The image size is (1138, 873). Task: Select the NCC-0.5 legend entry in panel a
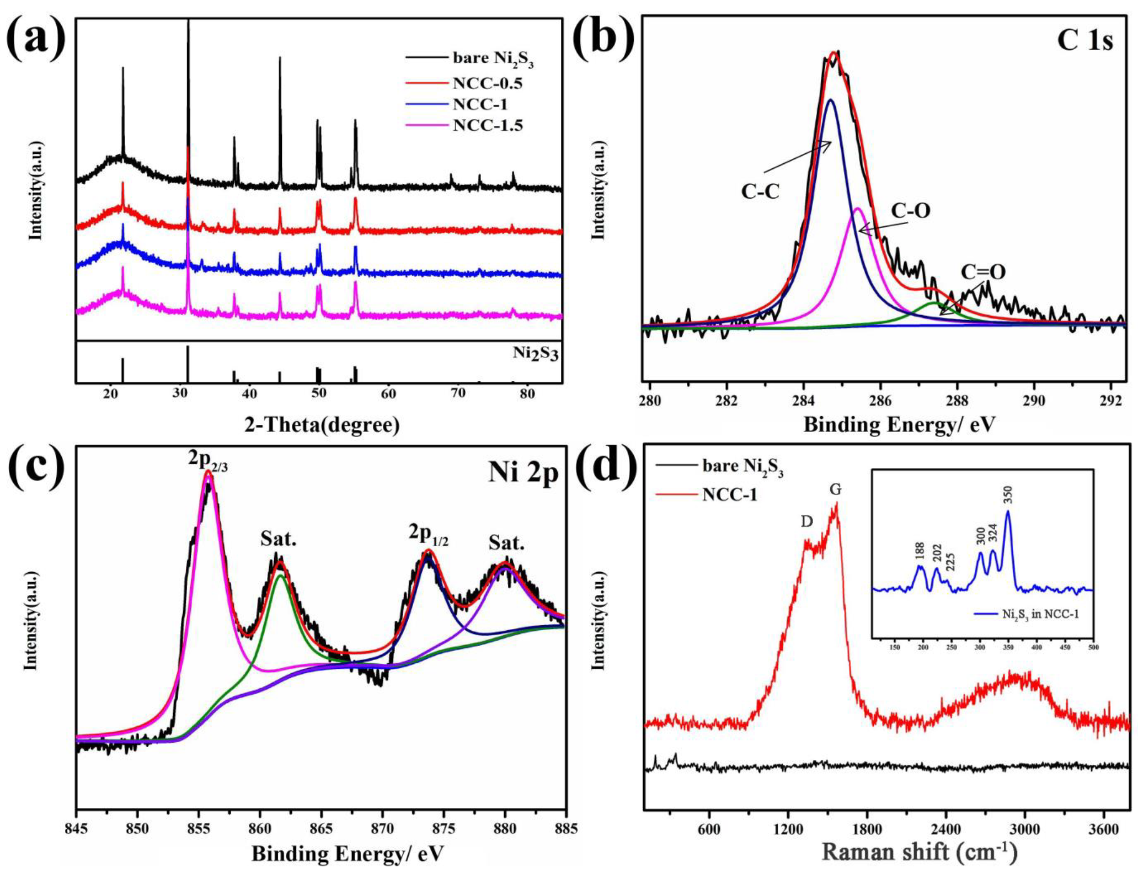(x=487, y=83)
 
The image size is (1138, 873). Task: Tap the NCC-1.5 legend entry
(x=487, y=126)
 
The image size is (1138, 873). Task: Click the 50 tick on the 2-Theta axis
(x=319, y=393)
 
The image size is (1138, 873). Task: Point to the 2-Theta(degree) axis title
(x=322, y=424)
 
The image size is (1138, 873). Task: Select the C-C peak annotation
(x=760, y=191)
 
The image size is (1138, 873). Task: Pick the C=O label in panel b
(x=983, y=272)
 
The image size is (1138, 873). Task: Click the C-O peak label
(x=910, y=210)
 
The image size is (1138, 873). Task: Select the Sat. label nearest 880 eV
(x=506, y=544)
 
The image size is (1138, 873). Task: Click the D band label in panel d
(x=807, y=521)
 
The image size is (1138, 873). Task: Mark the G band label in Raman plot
(x=836, y=489)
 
